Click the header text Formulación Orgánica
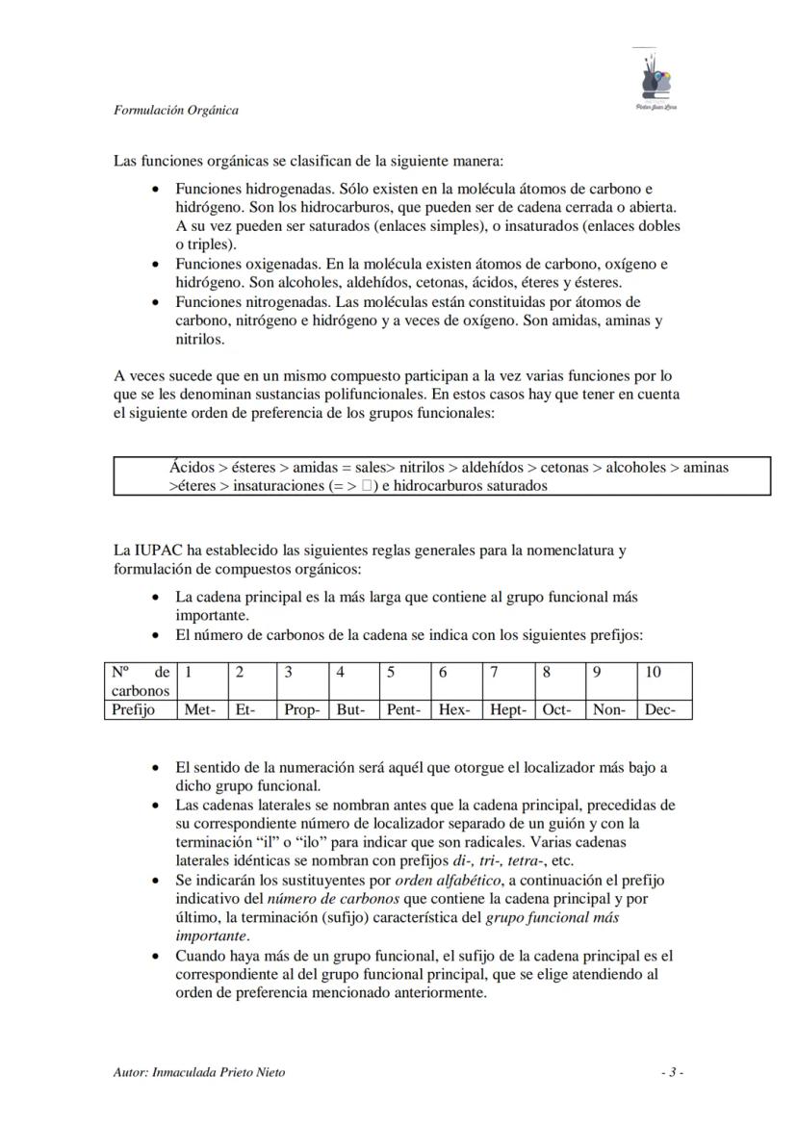[x=176, y=110]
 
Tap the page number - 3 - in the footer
[x=672, y=1072]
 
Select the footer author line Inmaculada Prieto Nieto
[x=199, y=1072]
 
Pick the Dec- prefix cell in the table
[x=659, y=710]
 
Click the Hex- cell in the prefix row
[x=453, y=710]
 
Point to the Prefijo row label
[x=133, y=710]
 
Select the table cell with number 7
[x=494, y=673]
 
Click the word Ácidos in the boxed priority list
[x=192, y=468]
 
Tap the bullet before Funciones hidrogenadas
[x=156, y=190]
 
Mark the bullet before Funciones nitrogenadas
[x=156, y=302]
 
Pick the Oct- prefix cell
[x=556, y=710]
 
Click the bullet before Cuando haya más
[x=156, y=957]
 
